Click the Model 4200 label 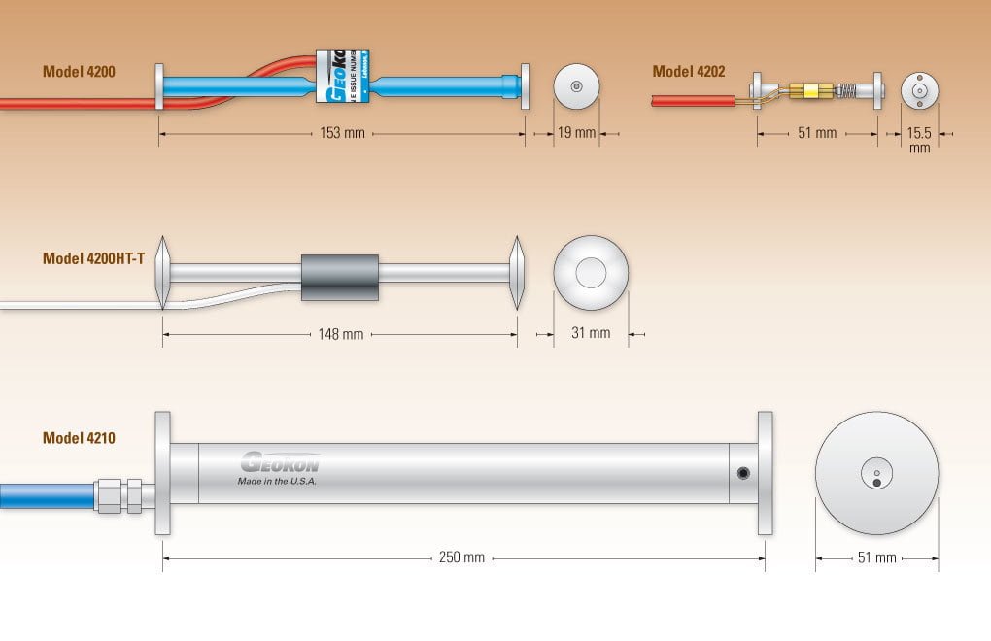point(79,72)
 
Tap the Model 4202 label point(688,72)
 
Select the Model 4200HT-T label point(93,258)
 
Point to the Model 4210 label point(79,438)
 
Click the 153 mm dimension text point(342,133)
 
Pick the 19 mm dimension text point(577,133)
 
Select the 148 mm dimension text point(340,334)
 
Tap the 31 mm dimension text point(591,333)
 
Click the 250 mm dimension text point(461,557)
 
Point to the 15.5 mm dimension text point(919,140)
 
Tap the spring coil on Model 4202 point(847,92)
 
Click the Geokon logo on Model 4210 point(280,461)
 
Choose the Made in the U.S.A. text point(277,481)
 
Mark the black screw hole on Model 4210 point(743,473)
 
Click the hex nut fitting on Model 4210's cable point(119,495)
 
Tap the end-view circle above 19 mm point(577,87)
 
